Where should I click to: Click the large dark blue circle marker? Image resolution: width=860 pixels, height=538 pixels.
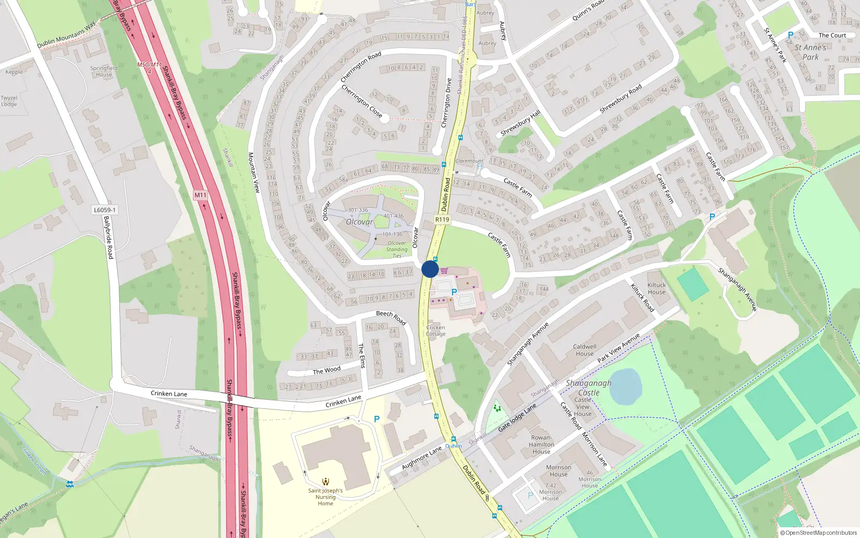click(x=430, y=269)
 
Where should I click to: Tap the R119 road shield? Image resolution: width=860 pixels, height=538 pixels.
click(x=442, y=220)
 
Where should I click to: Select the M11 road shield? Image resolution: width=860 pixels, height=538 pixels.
click(x=200, y=195)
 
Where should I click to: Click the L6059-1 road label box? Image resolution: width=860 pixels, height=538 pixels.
click(x=104, y=210)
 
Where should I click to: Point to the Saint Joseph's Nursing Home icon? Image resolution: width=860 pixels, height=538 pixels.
click(x=325, y=482)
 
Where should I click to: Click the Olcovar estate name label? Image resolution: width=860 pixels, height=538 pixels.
click(x=359, y=222)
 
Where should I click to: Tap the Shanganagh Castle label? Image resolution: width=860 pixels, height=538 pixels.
click(x=589, y=388)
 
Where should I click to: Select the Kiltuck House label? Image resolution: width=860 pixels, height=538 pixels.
click(x=656, y=289)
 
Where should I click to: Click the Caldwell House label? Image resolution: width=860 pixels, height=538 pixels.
click(x=584, y=350)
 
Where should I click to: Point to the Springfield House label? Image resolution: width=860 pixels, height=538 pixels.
click(x=104, y=72)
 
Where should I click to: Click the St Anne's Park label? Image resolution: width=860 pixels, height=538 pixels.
click(x=811, y=52)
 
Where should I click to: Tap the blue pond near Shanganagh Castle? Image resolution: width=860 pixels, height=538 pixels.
click(x=626, y=386)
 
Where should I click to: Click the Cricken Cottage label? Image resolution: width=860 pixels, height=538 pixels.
click(x=435, y=330)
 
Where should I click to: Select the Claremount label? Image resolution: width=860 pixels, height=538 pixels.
click(x=469, y=161)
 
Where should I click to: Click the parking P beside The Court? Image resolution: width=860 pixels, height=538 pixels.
click(x=790, y=35)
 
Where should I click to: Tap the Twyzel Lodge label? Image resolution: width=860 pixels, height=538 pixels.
click(x=9, y=101)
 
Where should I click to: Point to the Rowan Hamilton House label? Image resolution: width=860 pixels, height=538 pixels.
click(x=541, y=445)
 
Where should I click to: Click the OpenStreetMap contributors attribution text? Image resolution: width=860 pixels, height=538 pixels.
click(x=818, y=533)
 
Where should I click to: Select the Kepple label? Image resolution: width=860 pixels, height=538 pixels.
click(x=14, y=72)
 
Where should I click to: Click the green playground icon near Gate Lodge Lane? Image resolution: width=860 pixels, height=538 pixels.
click(x=497, y=408)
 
